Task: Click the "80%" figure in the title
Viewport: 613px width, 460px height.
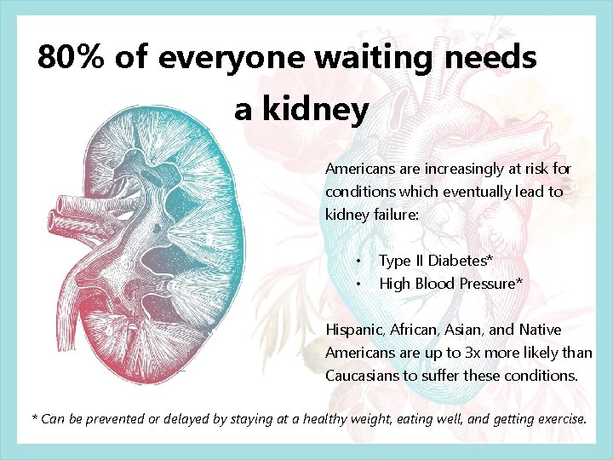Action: pos(71,58)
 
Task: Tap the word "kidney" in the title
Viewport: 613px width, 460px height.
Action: pos(315,109)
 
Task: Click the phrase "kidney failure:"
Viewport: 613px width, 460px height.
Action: pos(372,215)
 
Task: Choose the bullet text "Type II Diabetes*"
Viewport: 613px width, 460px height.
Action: pos(436,261)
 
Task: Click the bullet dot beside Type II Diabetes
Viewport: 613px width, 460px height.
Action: pos(360,261)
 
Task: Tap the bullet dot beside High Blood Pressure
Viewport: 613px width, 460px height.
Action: pos(360,284)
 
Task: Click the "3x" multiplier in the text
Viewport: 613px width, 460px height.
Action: pos(476,353)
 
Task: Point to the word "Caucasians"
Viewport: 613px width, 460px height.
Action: pos(364,376)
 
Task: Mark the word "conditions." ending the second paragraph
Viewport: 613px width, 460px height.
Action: pos(541,376)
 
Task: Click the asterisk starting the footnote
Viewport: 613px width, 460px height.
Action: pos(35,419)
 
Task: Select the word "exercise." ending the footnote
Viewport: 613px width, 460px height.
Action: pos(559,419)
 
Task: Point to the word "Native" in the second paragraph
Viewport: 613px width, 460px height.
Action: pos(540,330)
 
